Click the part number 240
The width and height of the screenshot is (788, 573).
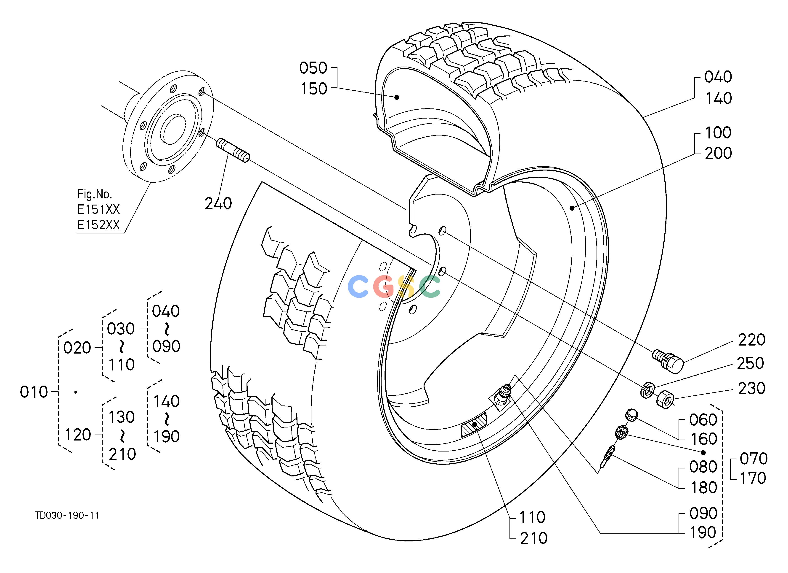pos(218,203)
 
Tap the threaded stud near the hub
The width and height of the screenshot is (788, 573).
pos(233,150)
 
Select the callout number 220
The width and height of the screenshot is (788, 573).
pos(751,340)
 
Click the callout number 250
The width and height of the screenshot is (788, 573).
pos(751,364)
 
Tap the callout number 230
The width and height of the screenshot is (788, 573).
pos(751,389)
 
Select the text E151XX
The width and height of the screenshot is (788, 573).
pos(98,209)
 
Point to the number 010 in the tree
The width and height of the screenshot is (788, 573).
pos(34,392)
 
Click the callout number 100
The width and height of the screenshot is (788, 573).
pos(718,132)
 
